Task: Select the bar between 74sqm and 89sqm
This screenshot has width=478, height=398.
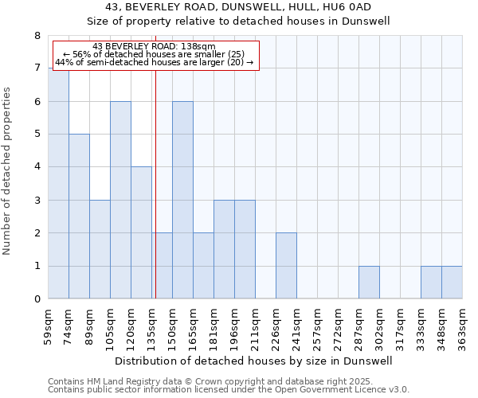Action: pyautogui.click(x=79, y=217)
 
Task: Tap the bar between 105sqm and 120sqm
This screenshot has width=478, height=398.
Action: pyautogui.click(x=120, y=200)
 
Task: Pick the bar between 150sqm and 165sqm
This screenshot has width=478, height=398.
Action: pyautogui.click(x=182, y=200)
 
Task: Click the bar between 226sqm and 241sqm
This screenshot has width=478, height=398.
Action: pyautogui.click(x=286, y=266)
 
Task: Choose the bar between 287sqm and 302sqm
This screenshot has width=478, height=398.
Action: pyautogui.click(x=369, y=283)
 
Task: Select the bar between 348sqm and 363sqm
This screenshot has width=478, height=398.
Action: pyautogui.click(x=452, y=283)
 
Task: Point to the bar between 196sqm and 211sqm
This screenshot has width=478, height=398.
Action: pyautogui.click(x=245, y=249)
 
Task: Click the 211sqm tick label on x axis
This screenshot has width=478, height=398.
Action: pyautogui.click(x=255, y=326)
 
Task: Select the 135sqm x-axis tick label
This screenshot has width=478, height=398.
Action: pyautogui.click(x=151, y=326)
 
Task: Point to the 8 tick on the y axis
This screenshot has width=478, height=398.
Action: pyautogui.click(x=37, y=36)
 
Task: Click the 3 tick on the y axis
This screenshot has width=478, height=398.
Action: pyautogui.click(x=37, y=201)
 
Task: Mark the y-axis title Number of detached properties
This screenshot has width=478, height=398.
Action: pyautogui.click(x=9, y=168)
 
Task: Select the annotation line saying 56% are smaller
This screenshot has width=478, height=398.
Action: pyautogui.click(x=154, y=54)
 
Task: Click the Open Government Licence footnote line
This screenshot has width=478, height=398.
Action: pyautogui.click(x=229, y=390)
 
